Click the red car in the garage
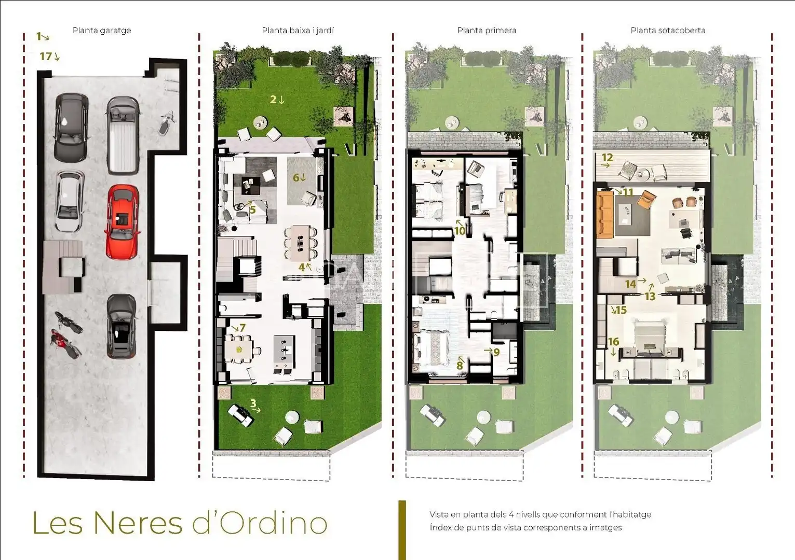(122, 222)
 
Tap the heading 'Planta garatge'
(102, 31)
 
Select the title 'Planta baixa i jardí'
(298, 31)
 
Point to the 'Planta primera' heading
(487, 31)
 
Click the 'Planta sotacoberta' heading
(668, 31)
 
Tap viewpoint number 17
(46, 56)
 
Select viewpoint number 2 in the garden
(273, 100)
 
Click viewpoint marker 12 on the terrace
(607, 157)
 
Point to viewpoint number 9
(496, 352)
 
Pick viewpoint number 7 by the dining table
(242, 328)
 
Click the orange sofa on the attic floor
(605, 215)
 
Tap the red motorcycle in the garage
(64, 343)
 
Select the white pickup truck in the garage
(123, 136)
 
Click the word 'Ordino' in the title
(260, 523)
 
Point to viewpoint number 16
(614, 342)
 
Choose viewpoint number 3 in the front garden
(253, 403)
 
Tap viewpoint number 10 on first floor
(460, 231)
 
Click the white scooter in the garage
(165, 123)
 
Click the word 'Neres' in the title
(138, 523)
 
